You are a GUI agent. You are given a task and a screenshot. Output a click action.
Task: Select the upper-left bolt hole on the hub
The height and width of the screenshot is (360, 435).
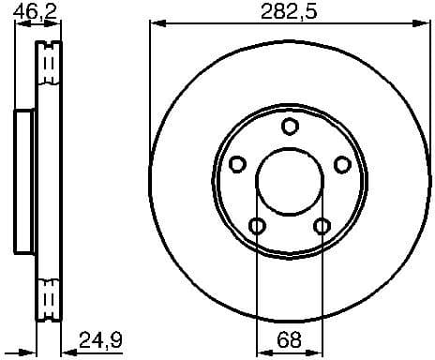tap(237, 165)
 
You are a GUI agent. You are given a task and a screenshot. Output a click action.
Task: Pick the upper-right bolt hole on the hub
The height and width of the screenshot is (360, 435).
tap(343, 165)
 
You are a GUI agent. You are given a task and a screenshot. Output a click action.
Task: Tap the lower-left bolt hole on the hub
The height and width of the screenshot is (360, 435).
tap(257, 226)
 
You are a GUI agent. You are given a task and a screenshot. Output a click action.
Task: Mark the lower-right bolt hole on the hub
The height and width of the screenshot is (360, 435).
tap(322, 226)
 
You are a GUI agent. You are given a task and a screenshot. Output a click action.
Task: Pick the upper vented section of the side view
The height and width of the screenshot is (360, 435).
tap(49, 75)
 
